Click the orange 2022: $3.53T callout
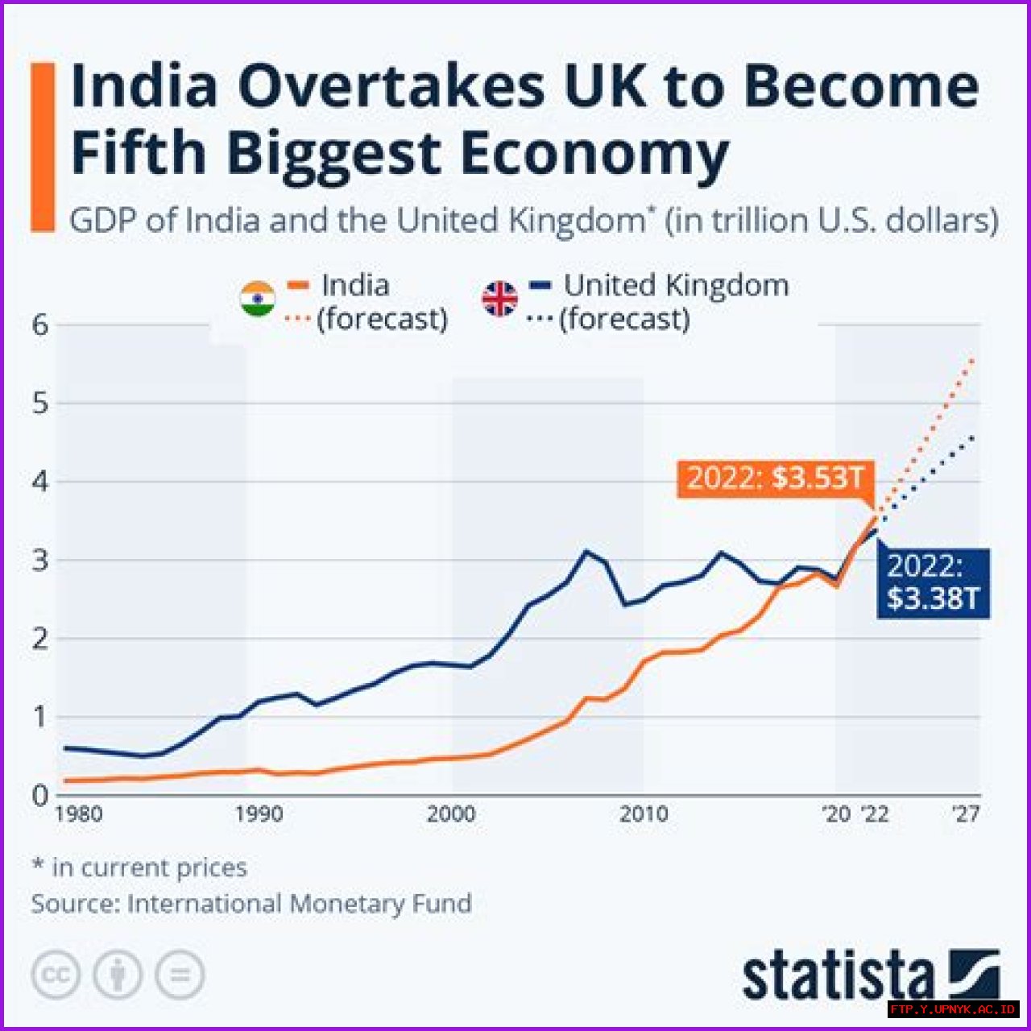tap(775, 478)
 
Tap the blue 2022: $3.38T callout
tap(933, 582)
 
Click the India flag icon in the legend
tap(258, 299)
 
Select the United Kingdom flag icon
tap(499, 299)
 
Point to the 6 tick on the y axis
tap(40, 325)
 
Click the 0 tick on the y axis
tap(40, 795)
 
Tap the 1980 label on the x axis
tap(78, 814)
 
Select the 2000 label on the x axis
tap(450, 814)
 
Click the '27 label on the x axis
tap(965, 814)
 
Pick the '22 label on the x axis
tap(874, 814)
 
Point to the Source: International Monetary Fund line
tap(251, 904)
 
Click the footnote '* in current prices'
tap(139, 867)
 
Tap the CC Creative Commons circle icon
tap(56, 975)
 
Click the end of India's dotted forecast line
tap(974, 360)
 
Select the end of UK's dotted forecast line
tap(974, 437)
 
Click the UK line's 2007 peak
tap(586, 552)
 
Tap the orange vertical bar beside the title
tap(43, 147)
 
